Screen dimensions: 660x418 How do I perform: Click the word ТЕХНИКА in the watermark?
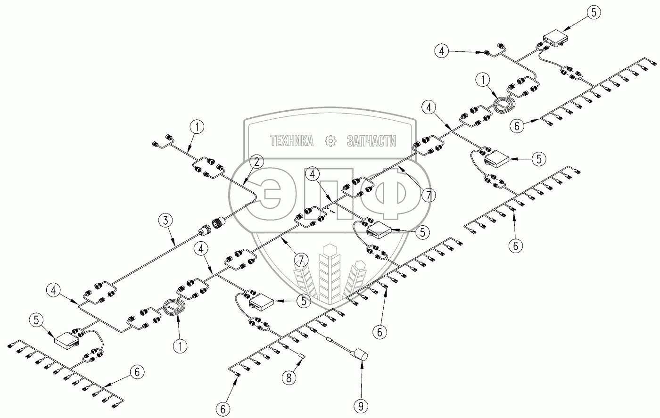click(292, 140)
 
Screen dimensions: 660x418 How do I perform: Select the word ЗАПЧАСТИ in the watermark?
click(371, 140)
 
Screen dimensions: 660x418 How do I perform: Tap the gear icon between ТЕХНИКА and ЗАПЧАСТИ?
click(330, 140)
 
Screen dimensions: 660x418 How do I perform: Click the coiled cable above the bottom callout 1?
click(174, 308)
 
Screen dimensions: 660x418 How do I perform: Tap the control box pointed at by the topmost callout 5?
click(555, 38)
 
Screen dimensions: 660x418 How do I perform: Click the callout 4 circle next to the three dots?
click(311, 174)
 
